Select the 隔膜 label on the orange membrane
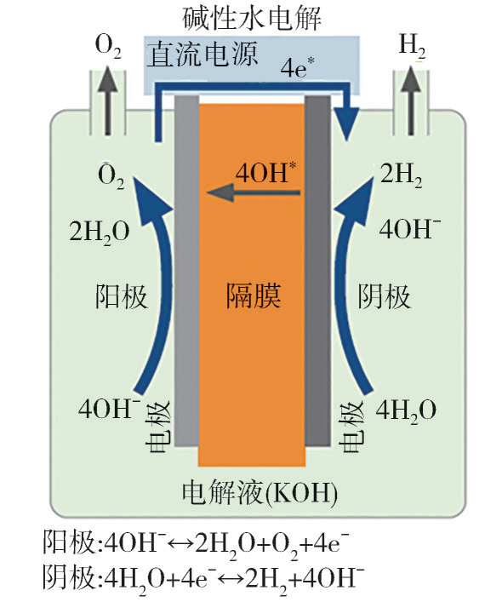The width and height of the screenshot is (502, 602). pos(253,297)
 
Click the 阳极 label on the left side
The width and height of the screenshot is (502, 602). pos(121,297)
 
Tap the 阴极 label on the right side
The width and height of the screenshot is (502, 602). pos(383,297)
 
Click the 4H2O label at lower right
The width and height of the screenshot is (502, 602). pos(405,410)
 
